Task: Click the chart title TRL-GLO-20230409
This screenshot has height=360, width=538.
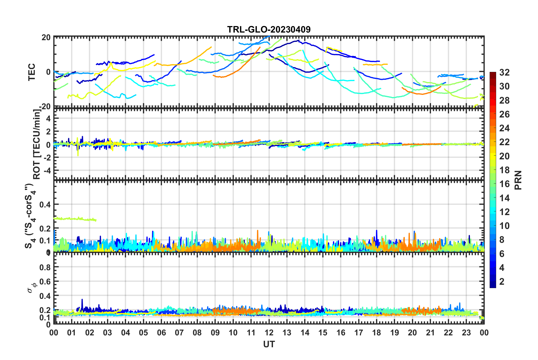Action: pyautogui.click(x=269, y=29)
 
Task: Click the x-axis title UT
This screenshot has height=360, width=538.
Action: pyautogui.click(x=269, y=344)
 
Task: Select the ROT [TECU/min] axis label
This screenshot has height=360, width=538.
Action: pyautogui.click(x=37, y=144)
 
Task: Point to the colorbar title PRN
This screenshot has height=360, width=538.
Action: pyautogui.click(x=518, y=180)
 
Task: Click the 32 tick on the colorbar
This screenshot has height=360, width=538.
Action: pyautogui.click(x=504, y=72)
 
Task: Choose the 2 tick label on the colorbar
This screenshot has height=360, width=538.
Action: pyautogui.click(x=502, y=281)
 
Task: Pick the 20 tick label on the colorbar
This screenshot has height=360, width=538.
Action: pyautogui.click(x=504, y=156)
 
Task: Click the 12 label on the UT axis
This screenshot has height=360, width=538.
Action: pyautogui.click(x=269, y=333)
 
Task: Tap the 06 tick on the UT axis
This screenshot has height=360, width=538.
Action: pyautogui.click(x=161, y=333)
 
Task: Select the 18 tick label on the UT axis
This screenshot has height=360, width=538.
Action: pyautogui.click(x=376, y=333)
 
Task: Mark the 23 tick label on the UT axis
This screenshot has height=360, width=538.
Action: pyautogui.click(x=466, y=333)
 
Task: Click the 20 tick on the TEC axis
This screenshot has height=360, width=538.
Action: pyautogui.click(x=46, y=37)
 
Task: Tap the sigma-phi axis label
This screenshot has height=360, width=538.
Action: pyautogui.click(x=32, y=286)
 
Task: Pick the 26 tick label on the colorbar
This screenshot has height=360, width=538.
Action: pyautogui.click(x=504, y=114)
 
